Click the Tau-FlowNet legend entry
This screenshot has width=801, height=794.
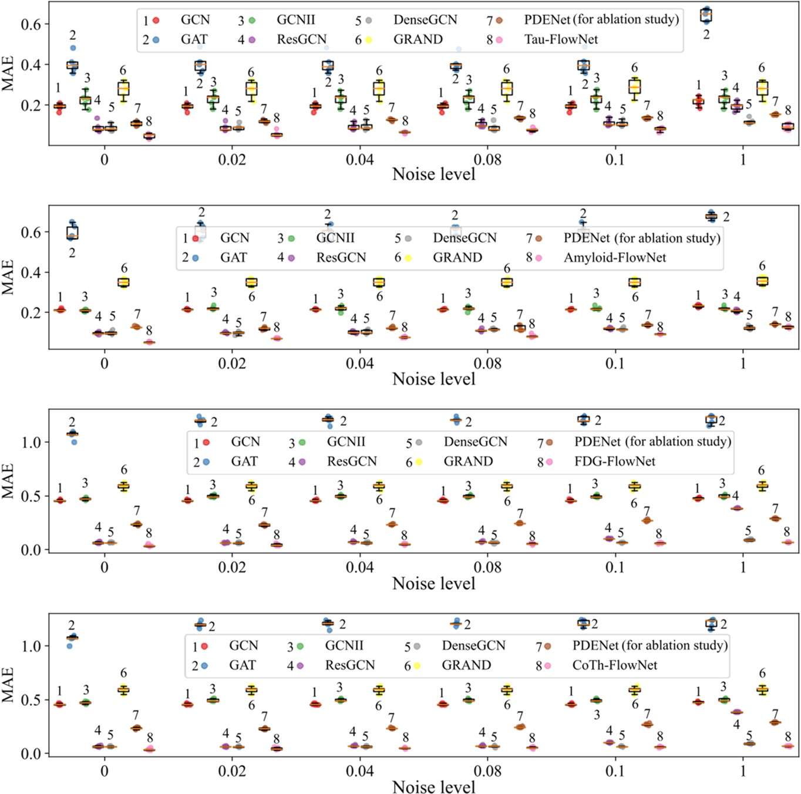tap(560, 39)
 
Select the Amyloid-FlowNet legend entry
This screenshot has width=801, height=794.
tap(614, 257)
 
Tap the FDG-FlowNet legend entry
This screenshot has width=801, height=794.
tap(614, 461)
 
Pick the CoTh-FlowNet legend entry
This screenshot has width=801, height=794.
tap(614, 665)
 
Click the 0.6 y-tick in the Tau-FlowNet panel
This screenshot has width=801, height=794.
tap(31, 24)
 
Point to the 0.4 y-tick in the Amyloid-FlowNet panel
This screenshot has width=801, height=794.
tap(31, 272)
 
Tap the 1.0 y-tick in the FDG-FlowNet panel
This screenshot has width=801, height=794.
tap(31, 442)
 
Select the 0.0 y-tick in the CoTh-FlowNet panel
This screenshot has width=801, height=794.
tap(31, 753)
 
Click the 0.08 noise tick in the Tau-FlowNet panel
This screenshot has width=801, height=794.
tap(487, 160)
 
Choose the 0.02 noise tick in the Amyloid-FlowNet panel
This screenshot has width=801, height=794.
tap(232, 364)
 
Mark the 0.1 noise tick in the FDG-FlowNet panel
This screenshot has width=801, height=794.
tap(615, 567)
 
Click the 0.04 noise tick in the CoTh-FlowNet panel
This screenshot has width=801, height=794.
tap(359, 771)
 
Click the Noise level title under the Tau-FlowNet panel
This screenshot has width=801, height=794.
tap(433, 174)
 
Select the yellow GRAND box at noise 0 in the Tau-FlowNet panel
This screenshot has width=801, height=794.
tap(123, 89)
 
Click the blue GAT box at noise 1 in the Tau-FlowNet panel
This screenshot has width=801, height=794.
tap(706, 16)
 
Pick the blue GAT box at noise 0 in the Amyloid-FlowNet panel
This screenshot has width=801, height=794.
tap(72, 233)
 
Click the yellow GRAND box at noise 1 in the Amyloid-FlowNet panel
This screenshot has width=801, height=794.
tap(762, 281)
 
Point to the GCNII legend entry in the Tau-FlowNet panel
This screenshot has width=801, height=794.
tap(295, 20)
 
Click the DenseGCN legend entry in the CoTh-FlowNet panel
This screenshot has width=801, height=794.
tap(473, 645)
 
